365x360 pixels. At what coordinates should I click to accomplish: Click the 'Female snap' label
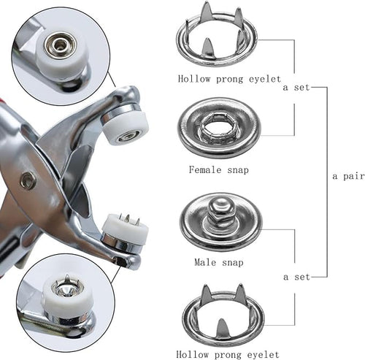pos(219,169)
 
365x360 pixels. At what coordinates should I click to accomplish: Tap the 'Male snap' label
pos(219,262)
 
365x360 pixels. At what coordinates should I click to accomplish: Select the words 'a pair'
pos(348,176)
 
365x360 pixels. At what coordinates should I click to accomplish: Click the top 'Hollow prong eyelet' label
pos(229,79)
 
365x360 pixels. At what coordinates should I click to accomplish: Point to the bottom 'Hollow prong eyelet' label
pos(228,354)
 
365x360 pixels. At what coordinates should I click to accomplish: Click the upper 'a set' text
pos(296,87)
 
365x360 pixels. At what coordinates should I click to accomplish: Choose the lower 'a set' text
pos(296,277)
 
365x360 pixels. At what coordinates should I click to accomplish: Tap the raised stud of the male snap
pos(220,210)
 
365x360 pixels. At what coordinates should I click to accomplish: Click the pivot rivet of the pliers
pos(28,180)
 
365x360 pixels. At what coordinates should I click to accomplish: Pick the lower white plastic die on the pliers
pos(125,229)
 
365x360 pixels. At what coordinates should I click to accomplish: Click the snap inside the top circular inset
pos(58,45)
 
